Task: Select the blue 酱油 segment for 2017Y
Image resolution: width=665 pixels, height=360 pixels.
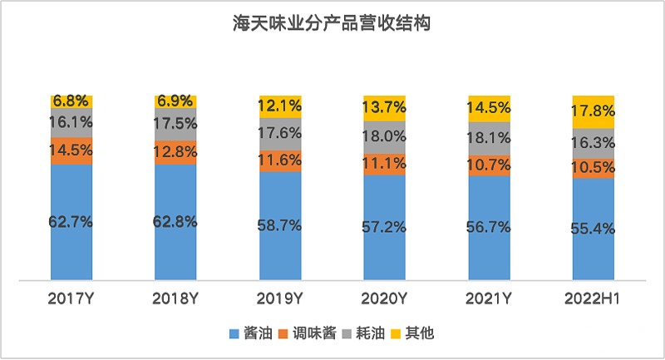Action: (71, 249)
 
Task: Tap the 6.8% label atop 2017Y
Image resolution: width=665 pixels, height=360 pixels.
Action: (71, 101)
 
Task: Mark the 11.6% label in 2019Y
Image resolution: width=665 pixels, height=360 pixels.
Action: (280, 159)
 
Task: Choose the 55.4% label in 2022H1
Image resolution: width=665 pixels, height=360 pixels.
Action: (594, 229)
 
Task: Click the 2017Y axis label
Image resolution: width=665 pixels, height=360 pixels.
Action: (71, 297)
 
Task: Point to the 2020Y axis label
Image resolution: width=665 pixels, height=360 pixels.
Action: (385, 297)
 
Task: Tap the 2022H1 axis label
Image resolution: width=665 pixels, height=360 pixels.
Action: (594, 297)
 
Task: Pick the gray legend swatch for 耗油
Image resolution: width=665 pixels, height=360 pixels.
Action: (351, 333)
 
